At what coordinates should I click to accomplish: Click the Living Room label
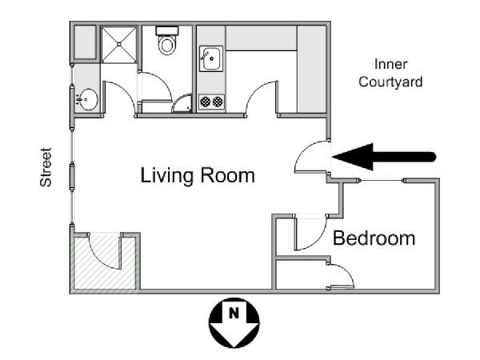pyautogui.click(x=198, y=176)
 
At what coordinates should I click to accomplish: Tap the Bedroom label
pyautogui.click(x=374, y=238)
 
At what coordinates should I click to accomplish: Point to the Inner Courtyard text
pyautogui.click(x=390, y=73)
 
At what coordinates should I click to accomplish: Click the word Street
pyautogui.click(x=46, y=167)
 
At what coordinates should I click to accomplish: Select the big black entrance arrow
pyautogui.click(x=384, y=157)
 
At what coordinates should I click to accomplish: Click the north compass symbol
pyautogui.click(x=234, y=322)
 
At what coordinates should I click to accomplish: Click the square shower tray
pyautogui.click(x=118, y=45)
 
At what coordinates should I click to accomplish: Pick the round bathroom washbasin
pyautogui.click(x=88, y=99)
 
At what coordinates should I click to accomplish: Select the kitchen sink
pyautogui.click(x=211, y=58)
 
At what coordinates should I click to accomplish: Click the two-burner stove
pyautogui.click(x=211, y=102)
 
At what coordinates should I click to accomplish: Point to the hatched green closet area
pyautogui.click(x=105, y=262)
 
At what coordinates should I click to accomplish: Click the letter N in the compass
pyautogui.click(x=234, y=313)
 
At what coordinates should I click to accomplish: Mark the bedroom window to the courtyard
pyautogui.click(x=382, y=181)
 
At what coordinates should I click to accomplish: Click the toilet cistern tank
pyautogui.click(x=167, y=30)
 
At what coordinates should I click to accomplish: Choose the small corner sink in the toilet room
pyautogui.click(x=182, y=103)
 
